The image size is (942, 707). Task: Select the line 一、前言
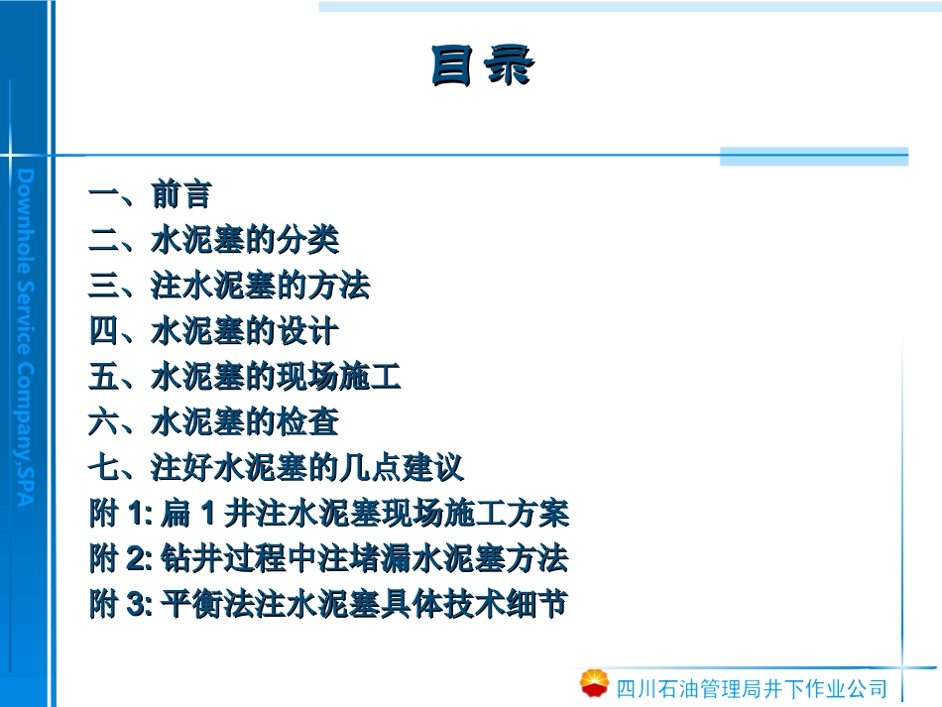[x=150, y=195]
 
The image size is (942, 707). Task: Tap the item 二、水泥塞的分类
[x=213, y=241]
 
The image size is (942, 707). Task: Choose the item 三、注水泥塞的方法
[x=229, y=287]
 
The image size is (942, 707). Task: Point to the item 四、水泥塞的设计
[x=213, y=332]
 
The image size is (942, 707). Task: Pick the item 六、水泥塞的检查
[x=213, y=423]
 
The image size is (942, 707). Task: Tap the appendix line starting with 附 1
[x=328, y=514]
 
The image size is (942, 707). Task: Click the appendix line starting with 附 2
[x=328, y=559]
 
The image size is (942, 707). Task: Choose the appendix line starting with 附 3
[x=328, y=605]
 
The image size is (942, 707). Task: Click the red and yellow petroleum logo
[x=595, y=683]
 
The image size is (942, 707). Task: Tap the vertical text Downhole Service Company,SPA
[x=26, y=337]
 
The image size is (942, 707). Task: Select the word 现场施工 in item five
[x=338, y=378]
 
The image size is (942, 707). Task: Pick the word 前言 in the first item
[x=180, y=195]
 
